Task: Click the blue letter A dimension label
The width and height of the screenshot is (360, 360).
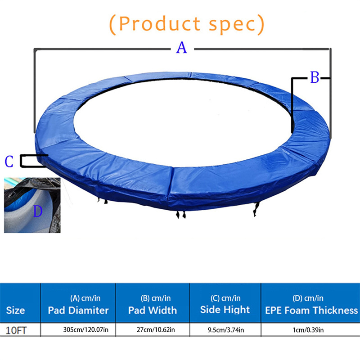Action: pyautogui.click(x=182, y=48)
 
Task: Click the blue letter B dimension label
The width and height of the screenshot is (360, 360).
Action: pyautogui.click(x=315, y=77)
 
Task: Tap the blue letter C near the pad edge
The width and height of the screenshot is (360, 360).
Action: pyautogui.click(x=9, y=162)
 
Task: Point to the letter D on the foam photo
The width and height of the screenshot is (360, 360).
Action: pyautogui.click(x=38, y=211)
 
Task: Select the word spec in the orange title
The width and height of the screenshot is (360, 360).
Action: pyautogui.click(x=232, y=25)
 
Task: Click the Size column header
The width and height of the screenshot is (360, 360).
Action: pyautogui.click(x=15, y=310)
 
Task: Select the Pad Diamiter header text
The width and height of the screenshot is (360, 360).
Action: pyautogui.click(x=78, y=310)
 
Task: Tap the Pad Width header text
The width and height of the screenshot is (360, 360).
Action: pyautogui.click(x=153, y=310)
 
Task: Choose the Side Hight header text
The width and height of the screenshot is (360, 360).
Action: pyautogui.click(x=225, y=310)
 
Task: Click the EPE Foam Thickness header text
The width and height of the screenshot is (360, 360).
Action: pyautogui.click(x=311, y=310)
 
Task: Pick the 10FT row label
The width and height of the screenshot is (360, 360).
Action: pyautogui.click(x=16, y=331)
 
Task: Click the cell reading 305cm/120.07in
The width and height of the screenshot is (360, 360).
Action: pyautogui.click(x=86, y=330)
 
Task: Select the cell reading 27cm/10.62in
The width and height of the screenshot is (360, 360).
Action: pyautogui.click(x=156, y=330)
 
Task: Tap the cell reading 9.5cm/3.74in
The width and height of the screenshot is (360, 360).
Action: pyautogui.click(x=226, y=330)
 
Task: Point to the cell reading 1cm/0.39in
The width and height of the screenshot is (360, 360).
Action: pyautogui.click(x=308, y=330)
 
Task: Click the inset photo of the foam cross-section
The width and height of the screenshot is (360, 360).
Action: pyautogui.click(x=32, y=205)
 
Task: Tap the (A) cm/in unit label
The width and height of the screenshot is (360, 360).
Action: pyautogui.click(x=85, y=298)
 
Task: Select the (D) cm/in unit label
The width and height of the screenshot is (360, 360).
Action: pyautogui.click(x=308, y=298)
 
